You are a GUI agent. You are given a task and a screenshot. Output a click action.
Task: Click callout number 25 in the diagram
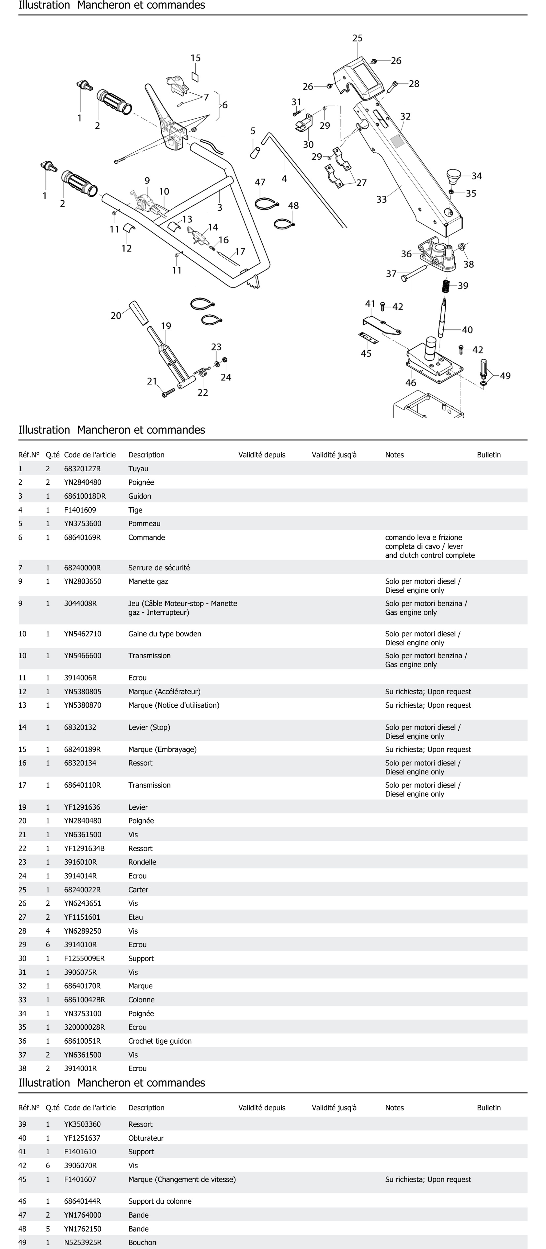coord(357,38)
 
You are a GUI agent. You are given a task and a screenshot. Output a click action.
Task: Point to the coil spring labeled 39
coord(446,286)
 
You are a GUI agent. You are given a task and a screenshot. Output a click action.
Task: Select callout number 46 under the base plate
coord(411,383)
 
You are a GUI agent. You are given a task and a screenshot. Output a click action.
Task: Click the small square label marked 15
coord(195,77)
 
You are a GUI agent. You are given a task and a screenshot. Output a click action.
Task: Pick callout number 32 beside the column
coord(405,116)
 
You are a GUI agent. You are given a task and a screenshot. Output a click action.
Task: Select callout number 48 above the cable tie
coord(293,206)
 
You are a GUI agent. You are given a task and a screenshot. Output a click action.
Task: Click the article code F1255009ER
coord(84,959)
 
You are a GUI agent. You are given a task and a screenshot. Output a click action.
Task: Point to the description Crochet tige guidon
coord(160,1041)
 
